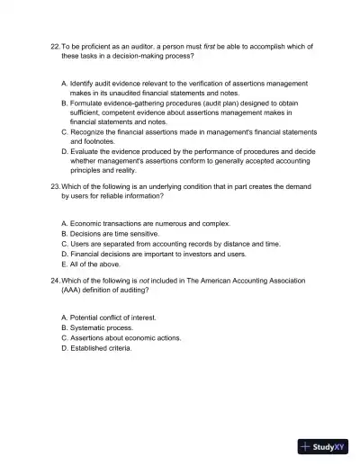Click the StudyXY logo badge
pyautogui.click(x=322, y=445)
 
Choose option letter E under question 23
pyautogui.click(x=64, y=264)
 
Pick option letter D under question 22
pyautogui.click(x=64, y=150)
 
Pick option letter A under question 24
pyautogui.click(x=64, y=318)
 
